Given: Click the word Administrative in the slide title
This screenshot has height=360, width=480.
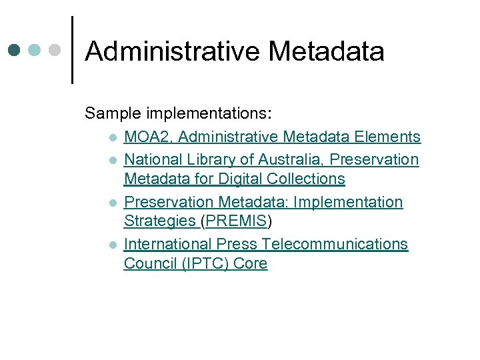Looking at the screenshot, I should (171, 51).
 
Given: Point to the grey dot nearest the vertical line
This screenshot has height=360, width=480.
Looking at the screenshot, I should (56, 50).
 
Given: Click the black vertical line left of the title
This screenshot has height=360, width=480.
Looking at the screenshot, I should (71, 50).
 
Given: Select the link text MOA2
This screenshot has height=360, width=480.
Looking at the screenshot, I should (149, 137).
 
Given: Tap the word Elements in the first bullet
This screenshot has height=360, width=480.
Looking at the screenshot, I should (387, 137).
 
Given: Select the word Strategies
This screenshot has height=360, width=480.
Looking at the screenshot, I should (159, 221).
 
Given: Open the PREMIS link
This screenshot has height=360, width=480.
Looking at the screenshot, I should (237, 221).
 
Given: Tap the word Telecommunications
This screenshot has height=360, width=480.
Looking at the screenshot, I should (335, 244).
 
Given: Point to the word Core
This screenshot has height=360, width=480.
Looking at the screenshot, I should (250, 263).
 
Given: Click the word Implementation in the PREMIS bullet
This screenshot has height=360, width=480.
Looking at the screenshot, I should (348, 202).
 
